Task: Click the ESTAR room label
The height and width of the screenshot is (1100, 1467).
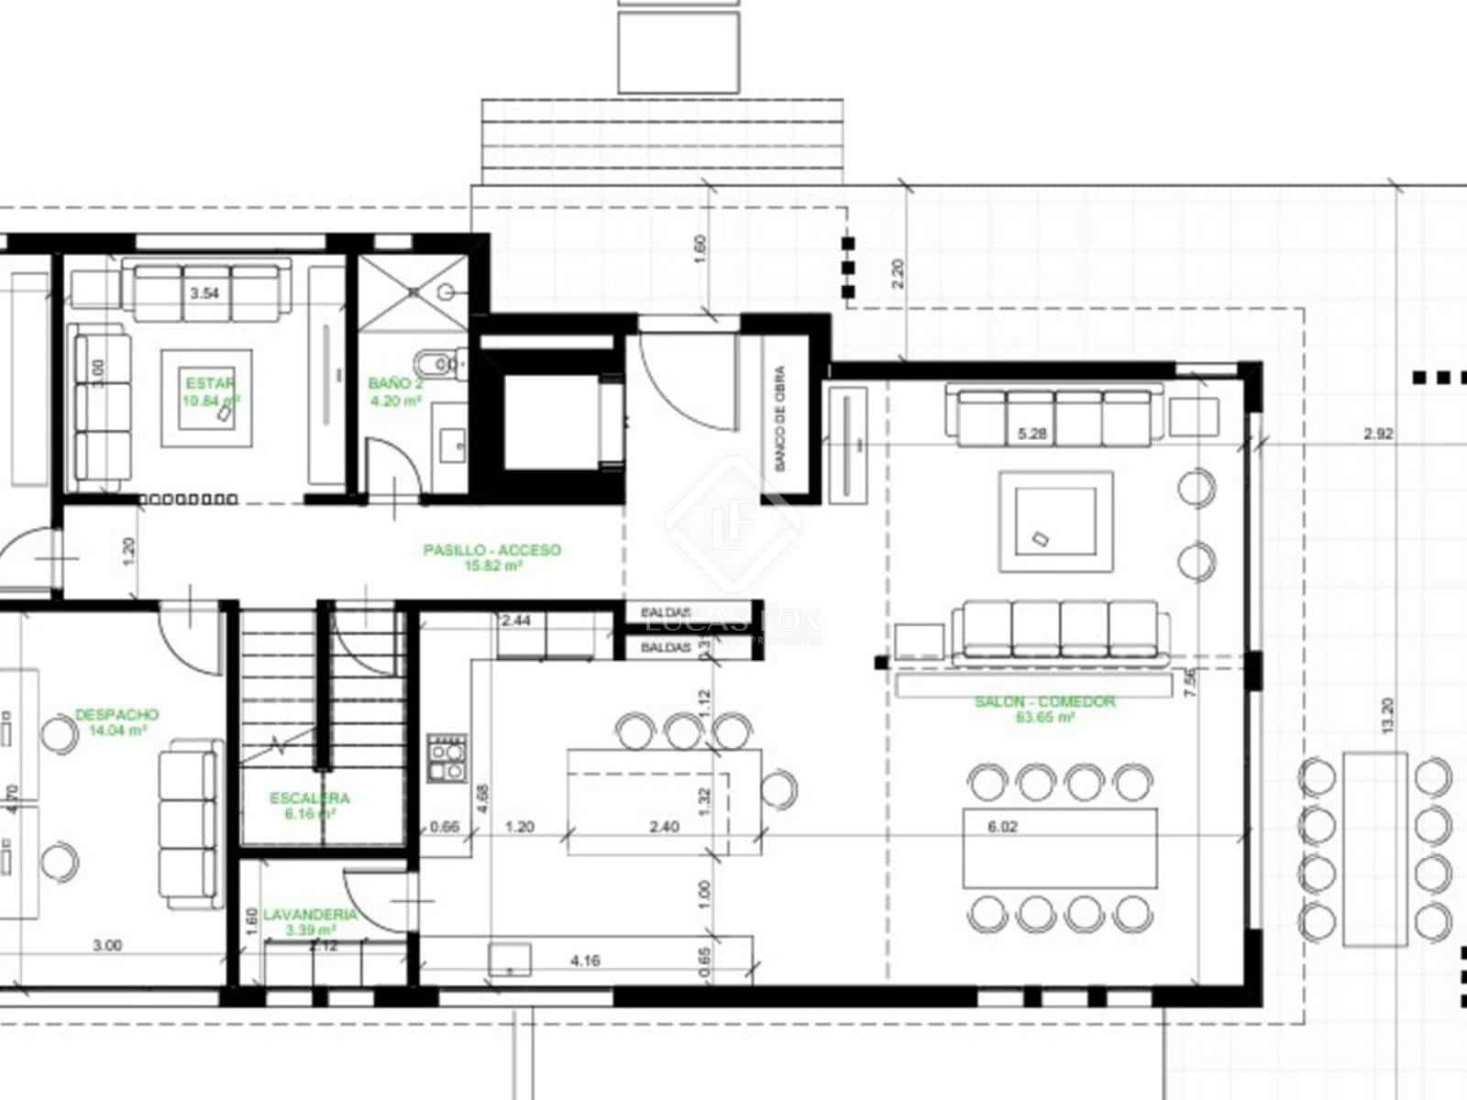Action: pos(210,383)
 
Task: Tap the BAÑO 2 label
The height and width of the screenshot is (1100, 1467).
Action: pos(395,383)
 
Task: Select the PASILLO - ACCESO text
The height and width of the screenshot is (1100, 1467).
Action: pos(491,550)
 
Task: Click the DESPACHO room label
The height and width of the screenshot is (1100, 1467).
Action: pos(116,714)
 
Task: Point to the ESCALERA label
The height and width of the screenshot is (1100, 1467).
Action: pos(310,798)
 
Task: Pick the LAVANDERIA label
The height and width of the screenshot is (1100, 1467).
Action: pos(309,915)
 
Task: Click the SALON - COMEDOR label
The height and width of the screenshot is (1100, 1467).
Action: pos(1044,701)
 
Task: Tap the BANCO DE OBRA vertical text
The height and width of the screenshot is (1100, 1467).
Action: pos(780,418)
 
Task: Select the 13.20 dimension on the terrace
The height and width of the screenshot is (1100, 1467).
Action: pos(1386,714)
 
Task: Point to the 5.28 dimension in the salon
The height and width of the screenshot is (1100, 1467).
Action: pos(1031,434)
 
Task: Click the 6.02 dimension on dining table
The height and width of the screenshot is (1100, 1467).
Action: pos(1002,827)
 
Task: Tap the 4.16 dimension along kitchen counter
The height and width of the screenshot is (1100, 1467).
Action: pos(585,961)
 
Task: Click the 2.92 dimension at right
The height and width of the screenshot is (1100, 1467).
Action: pos(1377,434)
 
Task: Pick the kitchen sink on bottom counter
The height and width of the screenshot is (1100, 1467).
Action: pos(510,959)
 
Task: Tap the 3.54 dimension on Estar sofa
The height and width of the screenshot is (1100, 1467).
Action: pos(204,294)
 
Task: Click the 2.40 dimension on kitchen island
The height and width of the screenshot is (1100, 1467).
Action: pos(664,827)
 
